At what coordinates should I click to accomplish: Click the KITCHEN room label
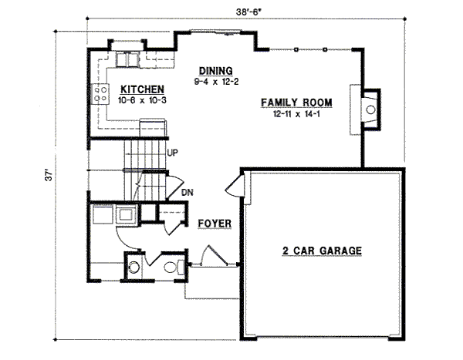coord(140,89)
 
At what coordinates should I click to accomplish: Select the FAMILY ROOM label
coord(296,103)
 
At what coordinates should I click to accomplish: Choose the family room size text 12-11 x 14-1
coord(296,113)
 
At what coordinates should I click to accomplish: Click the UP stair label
coord(173,153)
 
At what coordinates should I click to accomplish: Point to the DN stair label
coord(186,193)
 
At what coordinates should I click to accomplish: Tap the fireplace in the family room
coord(368,109)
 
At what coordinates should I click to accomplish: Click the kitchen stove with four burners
coord(100,95)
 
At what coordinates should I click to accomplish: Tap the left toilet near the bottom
coord(133,268)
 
